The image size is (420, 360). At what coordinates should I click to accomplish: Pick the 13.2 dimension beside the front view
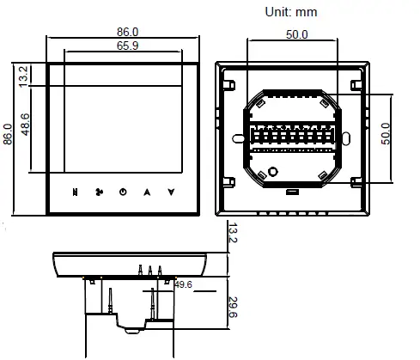coord(24,75)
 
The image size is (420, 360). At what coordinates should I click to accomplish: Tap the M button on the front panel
coord(76,192)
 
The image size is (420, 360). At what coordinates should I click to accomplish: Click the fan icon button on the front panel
coord(100,192)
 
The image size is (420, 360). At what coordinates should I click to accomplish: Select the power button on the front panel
coord(123,192)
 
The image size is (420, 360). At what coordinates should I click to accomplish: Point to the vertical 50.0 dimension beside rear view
coord(386,133)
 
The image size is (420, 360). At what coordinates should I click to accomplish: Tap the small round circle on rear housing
coord(274,172)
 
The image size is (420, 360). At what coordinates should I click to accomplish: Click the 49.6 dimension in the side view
coord(183,284)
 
